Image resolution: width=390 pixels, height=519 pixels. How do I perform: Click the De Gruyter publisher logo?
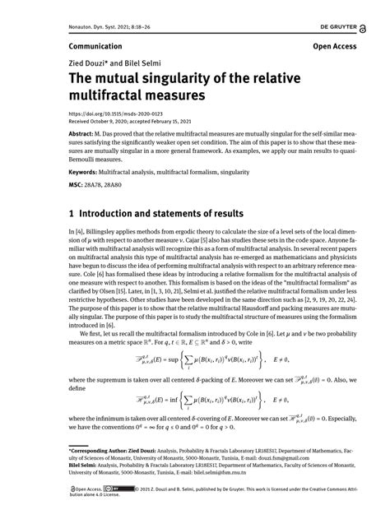(x=343, y=25)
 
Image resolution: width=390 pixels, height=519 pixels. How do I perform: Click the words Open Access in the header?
(x=335, y=47)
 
